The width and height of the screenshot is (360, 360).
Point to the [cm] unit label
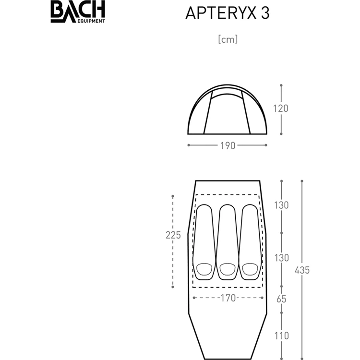(x=228, y=40)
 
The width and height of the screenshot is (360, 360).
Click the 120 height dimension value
(x=281, y=108)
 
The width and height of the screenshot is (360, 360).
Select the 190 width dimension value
(x=228, y=145)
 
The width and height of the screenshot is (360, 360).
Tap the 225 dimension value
(x=173, y=235)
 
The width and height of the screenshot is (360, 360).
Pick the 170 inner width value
(x=228, y=298)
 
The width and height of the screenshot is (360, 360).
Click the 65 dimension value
(x=282, y=299)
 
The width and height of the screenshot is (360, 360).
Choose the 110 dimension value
(x=282, y=336)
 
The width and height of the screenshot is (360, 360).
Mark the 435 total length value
(x=302, y=270)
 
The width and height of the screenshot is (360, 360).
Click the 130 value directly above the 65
(x=281, y=257)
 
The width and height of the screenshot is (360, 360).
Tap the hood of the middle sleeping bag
(x=227, y=269)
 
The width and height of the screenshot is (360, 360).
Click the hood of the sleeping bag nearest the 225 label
(x=204, y=269)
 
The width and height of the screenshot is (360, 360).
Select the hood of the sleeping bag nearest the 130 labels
(x=250, y=269)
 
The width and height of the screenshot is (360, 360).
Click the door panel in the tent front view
(x=228, y=114)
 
